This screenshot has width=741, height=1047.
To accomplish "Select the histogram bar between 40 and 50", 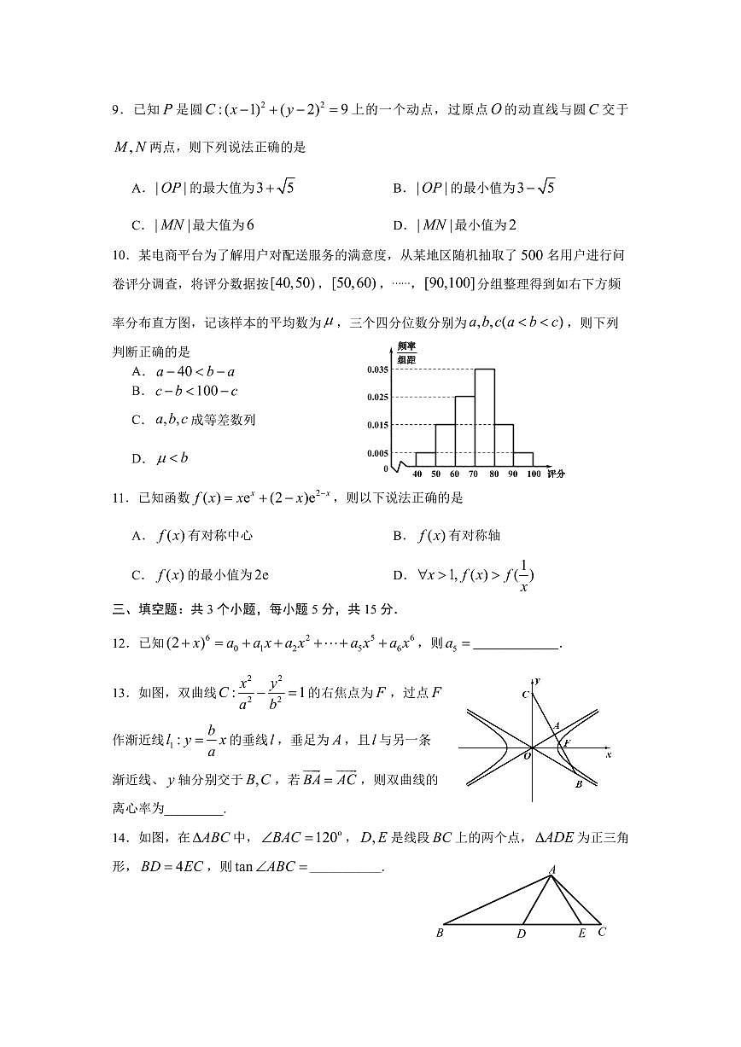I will tap(425, 460).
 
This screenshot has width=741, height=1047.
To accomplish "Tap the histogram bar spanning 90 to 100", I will tap(523, 460).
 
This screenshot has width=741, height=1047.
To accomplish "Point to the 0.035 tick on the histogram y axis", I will tap(377, 369).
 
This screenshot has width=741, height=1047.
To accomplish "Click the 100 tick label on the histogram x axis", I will tap(534, 474).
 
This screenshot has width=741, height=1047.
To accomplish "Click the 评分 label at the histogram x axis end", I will tap(557, 474).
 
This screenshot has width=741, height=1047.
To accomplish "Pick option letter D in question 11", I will tap(398, 576).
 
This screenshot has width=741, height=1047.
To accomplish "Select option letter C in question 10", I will tap(137, 420).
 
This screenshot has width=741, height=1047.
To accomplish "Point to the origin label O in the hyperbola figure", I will tap(527, 755).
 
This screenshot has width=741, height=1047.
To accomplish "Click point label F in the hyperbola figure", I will tap(565, 742).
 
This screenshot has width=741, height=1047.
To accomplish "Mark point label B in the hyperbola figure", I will tap(578, 784).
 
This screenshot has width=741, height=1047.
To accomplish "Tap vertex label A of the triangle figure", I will tap(551, 870).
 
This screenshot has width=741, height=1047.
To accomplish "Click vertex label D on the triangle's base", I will tap(521, 934).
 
